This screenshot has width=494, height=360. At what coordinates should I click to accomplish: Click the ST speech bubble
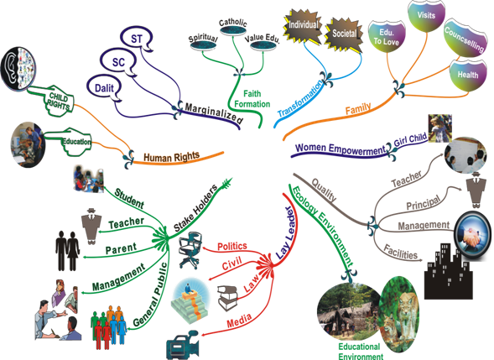pyautogui.click(x=137, y=39)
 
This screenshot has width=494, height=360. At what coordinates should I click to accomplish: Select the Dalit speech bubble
pyautogui.click(x=105, y=88)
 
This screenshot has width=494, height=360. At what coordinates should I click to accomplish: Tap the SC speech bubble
pyautogui.click(x=118, y=62)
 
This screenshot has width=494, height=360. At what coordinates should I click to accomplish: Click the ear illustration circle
pyautogui.click(x=18, y=69)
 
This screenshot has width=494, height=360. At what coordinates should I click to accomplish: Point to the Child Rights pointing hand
pyautogui.click(x=57, y=100)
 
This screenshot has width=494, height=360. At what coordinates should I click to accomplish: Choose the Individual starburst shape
pyautogui.click(x=303, y=25)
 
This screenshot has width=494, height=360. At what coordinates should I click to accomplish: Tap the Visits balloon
pyautogui.click(x=427, y=16)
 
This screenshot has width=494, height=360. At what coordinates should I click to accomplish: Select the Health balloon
pyautogui.click(x=467, y=75)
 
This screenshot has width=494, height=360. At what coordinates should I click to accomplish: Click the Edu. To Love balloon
pyautogui.click(x=387, y=37)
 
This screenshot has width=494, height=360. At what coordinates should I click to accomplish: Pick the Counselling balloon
pyautogui.click(x=465, y=39)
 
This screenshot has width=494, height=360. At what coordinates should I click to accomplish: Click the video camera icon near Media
pyautogui.click(x=183, y=345)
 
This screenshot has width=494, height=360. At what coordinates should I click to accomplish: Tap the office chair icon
pyautogui.click(x=190, y=250)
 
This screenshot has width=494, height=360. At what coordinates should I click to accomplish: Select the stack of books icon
pyautogui.click(x=227, y=298)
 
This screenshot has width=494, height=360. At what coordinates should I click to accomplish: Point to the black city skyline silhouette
pyautogui.click(x=448, y=271)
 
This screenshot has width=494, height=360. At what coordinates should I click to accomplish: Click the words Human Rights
pyautogui.click(x=172, y=157)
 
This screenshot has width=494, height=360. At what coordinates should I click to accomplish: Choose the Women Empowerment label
pyautogui.click(x=341, y=149)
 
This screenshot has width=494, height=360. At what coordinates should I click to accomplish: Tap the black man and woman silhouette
pyautogui.click(x=68, y=251)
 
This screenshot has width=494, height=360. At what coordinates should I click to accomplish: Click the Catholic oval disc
pyautogui.click(x=233, y=30)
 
